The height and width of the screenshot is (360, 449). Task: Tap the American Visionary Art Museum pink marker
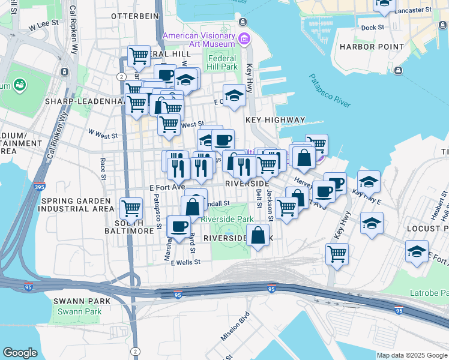pyautogui.click(x=244, y=40)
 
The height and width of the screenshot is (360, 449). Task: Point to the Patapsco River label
pyautogui.click(x=330, y=91)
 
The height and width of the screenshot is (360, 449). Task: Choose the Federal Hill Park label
pyautogui.click(x=223, y=62)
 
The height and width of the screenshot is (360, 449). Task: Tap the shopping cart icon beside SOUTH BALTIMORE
pyautogui.click(x=131, y=209)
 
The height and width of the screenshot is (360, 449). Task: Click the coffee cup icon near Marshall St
pyautogui.click(x=179, y=226)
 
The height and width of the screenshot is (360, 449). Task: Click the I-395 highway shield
pyautogui.click(x=40, y=173)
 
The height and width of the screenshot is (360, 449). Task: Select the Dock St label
pyautogui.click(x=372, y=28)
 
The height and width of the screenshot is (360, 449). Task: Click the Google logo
pyautogui.click(x=20, y=353)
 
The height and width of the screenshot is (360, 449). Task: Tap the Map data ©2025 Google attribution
pyautogui.click(x=412, y=355)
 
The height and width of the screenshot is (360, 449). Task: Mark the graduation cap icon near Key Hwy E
pyautogui.click(x=369, y=181)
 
